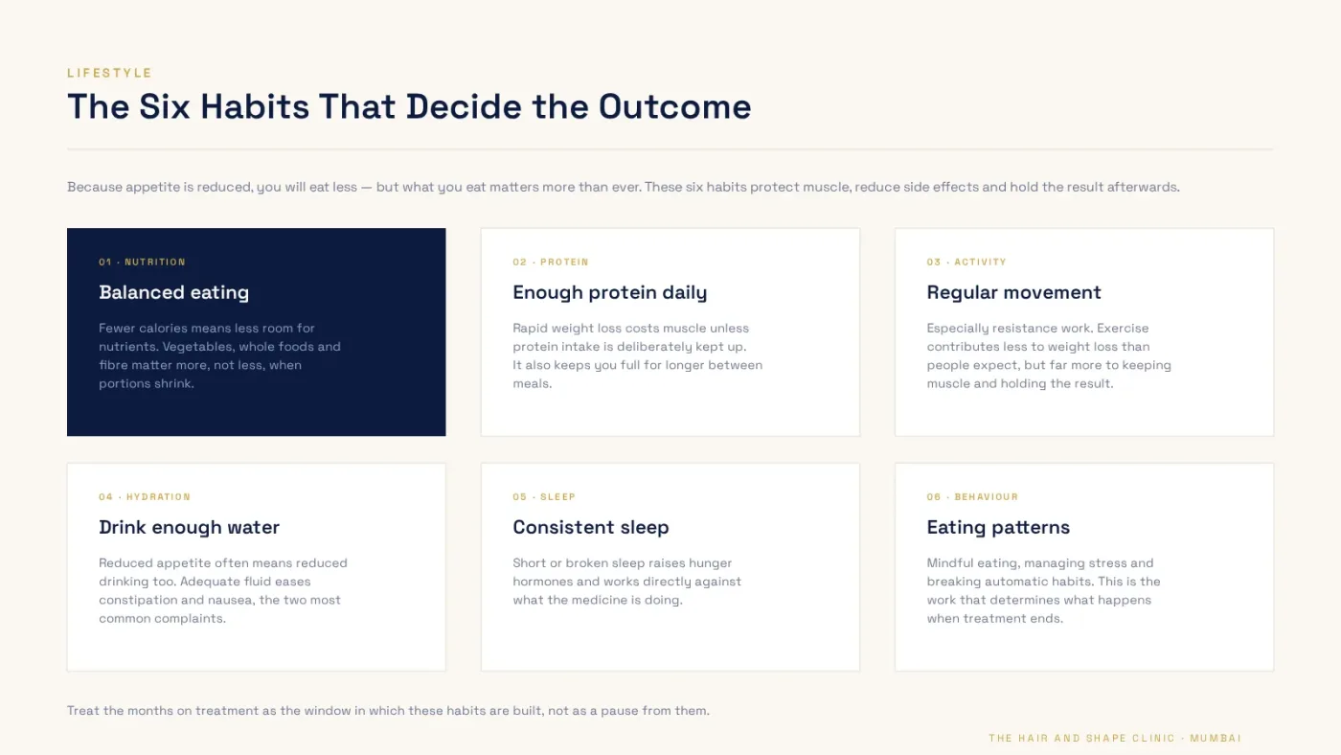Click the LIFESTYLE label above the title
[109, 73]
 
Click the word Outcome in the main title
[674, 106]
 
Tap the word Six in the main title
[165, 106]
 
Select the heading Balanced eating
[173, 292]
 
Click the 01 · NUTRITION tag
[143, 262]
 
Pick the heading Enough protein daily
[609, 292]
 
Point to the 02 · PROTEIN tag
[551, 262]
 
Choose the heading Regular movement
[1013, 292]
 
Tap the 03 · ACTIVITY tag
[966, 262]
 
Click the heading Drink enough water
[190, 527]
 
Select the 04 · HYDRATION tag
[145, 496]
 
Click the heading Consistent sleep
[590, 527]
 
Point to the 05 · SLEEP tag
[544, 496]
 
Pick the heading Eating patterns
[998, 527]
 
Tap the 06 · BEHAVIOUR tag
[972, 496]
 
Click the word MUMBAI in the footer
[1216, 738]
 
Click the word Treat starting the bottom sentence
[83, 711]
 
